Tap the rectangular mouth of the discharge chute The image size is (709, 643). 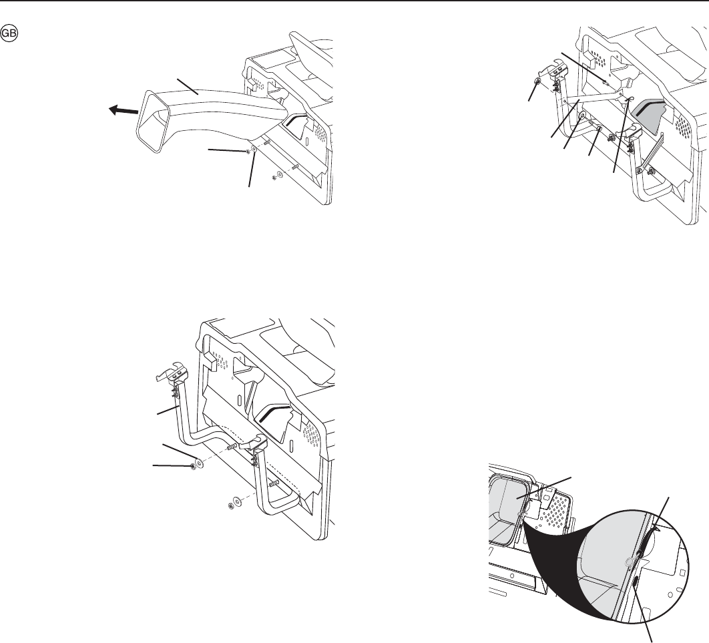tap(153, 114)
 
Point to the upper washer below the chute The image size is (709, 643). tap(254, 148)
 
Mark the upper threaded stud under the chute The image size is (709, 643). tap(267, 143)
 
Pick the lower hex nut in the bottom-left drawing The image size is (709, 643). tap(230, 505)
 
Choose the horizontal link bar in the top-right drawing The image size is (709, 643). tap(596, 96)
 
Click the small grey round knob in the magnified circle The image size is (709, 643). tap(628, 562)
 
